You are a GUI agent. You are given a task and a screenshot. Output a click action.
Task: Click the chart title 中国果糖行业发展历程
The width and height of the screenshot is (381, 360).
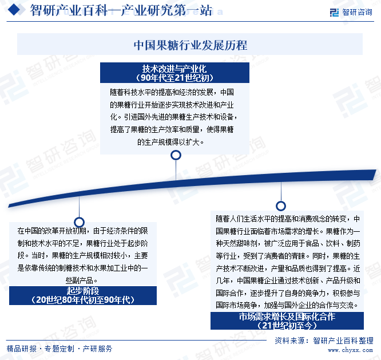click(190, 45)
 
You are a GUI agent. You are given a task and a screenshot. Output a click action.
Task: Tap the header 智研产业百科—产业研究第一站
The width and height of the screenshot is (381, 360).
click(121, 10)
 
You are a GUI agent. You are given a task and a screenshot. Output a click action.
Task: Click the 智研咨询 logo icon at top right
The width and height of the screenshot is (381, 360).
click(334, 12)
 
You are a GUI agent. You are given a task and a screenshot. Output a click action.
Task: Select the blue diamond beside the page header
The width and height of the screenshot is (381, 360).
click(14, 10)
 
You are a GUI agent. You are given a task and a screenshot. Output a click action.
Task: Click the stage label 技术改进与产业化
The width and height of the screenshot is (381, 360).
click(174, 69)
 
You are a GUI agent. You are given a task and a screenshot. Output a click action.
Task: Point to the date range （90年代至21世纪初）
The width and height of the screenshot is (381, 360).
click(174, 78)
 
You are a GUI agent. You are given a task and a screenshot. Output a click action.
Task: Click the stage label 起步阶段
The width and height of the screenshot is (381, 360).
click(83, 291)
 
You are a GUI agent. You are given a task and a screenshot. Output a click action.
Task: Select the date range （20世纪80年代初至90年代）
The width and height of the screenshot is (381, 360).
click(83, 300)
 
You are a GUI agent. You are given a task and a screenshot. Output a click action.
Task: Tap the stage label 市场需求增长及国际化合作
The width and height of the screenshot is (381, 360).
click(287, 317)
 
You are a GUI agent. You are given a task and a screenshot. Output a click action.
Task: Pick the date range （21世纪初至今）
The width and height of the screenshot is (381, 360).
click(287, 325)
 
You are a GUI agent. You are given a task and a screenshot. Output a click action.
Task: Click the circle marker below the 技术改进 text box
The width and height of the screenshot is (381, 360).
click(176, 155)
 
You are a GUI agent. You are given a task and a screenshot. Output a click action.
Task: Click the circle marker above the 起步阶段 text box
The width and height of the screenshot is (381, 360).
click(79, 222)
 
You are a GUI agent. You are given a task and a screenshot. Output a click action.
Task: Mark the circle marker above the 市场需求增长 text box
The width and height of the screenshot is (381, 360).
click(281, 206)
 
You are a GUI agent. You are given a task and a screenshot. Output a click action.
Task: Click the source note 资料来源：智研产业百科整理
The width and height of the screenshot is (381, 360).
click(324, 341)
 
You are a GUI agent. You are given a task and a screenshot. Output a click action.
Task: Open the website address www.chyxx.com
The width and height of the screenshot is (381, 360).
click(350, 350)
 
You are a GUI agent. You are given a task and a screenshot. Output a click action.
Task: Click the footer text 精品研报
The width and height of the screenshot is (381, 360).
click(21, 349)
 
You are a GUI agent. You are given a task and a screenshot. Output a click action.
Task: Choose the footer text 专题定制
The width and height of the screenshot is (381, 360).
click(59, 349)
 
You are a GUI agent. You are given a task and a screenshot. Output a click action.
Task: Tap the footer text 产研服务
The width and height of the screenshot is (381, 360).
click(97, 349)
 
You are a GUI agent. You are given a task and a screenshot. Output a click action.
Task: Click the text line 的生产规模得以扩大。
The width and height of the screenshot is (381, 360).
click(170, 142)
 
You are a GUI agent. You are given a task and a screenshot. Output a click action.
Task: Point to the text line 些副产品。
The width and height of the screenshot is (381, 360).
click(81, 280)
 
